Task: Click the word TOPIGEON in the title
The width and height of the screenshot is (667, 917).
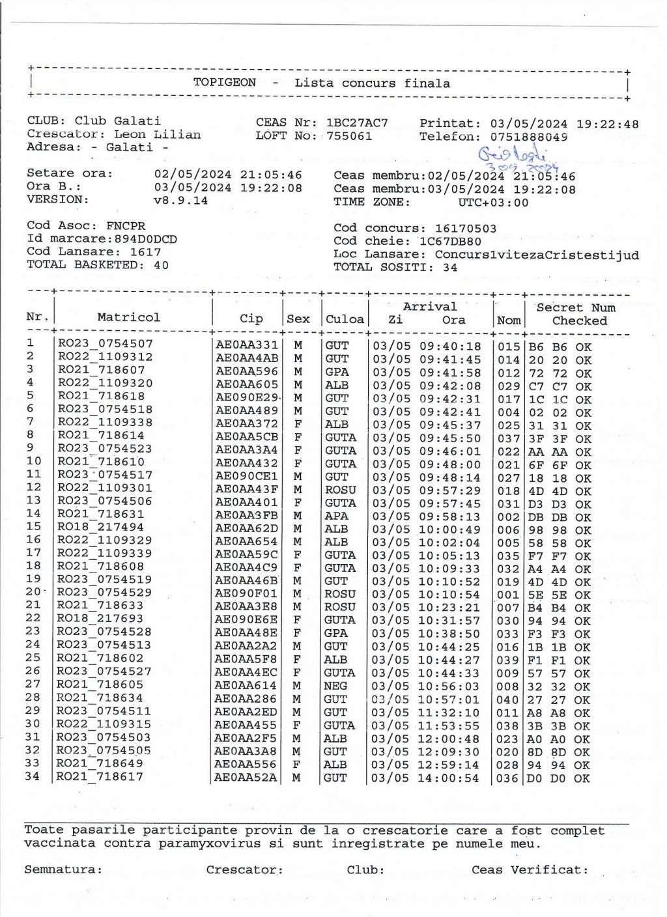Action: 224,83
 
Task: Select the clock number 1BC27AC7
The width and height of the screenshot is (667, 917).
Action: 357,122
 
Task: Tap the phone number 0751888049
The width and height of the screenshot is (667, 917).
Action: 528,137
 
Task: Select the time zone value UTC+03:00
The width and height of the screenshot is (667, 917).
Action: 493,202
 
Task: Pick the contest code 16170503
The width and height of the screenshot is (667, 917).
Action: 466,229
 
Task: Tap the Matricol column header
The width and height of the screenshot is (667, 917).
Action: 128,317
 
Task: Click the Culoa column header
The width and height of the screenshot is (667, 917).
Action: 345,319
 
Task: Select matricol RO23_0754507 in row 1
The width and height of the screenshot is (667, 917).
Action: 106,344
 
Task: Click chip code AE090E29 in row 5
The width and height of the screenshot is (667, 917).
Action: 247,397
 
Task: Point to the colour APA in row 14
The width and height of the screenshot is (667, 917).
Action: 336,516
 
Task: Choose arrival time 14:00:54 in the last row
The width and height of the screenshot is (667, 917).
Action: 448,778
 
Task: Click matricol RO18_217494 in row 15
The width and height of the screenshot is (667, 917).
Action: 100,526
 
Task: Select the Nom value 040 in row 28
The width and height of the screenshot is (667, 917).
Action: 508,700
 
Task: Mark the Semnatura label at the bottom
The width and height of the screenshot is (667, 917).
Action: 63,869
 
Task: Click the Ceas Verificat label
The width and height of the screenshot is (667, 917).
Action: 530,869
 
